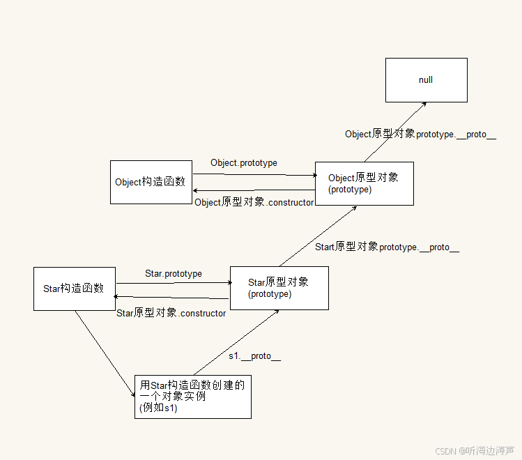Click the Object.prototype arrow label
(x=244, y=163)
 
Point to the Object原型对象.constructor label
(x=254, y=202)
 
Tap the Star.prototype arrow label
(x=174, y=274)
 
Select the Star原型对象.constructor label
(x=171, y=313)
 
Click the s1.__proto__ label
(x=254, y=356)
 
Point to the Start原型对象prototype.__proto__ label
(x=387, y=247)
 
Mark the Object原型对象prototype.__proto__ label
(x=420, y=134)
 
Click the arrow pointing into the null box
(x=395, y=132)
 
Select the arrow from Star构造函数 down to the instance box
(x=105, y=353)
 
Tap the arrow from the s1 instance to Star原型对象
(x=236, y=342)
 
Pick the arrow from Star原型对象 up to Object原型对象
(x=318, y=236)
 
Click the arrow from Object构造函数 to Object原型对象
(x=255, y=174)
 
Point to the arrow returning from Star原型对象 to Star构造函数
(x=171, y=298)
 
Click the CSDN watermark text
(x=475, y=451)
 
